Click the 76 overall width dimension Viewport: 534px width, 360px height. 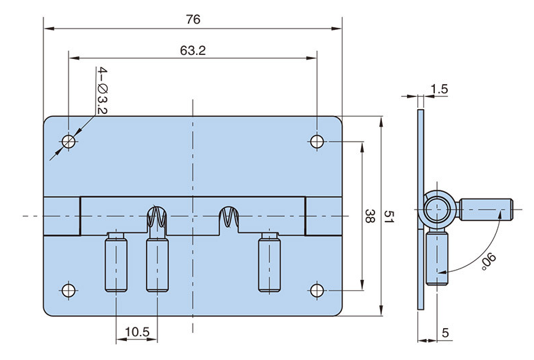point(193,20)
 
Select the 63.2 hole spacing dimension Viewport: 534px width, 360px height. point(193,50)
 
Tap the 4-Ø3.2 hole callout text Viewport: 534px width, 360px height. point(101,90)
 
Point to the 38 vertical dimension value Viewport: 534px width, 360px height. point(370,217)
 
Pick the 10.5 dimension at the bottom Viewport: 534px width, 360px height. point(137,332)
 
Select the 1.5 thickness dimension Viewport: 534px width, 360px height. point(439,89)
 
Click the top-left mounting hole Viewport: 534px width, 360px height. point(69,142)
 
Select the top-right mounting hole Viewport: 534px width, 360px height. point(318,142)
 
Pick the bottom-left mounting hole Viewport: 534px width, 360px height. point(68,290)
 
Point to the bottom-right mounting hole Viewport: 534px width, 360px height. point(318,290)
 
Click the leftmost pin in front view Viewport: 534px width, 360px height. point(116,262)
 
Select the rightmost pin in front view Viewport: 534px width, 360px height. point(269,262)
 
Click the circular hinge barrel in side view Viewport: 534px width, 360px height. point(434,210)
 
